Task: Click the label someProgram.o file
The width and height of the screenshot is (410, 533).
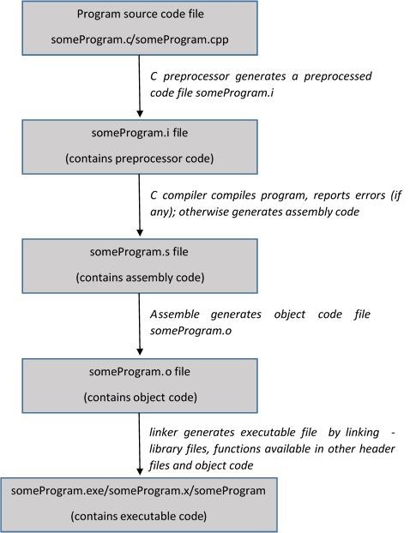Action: [139, 371]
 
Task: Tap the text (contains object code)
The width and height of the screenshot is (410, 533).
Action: [139, 397]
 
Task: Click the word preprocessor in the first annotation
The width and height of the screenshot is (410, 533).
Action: [195, 76]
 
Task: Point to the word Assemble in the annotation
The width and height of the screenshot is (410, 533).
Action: [175, 314]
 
